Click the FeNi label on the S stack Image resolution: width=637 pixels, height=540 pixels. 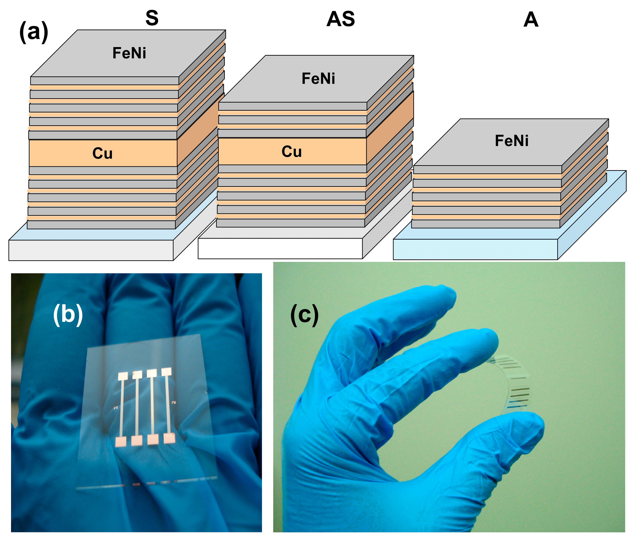tap(129, 53)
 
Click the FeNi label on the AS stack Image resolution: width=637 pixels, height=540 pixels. tap(318, 78)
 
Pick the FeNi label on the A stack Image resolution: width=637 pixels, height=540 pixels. tap(512, 141)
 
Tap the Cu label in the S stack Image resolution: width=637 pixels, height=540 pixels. tap(102, 153)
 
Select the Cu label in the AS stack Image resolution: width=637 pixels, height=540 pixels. tap(291, 151)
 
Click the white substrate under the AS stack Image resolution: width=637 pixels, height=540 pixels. tap(280, 249)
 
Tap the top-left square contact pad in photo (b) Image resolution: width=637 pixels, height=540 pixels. tap(123, 376)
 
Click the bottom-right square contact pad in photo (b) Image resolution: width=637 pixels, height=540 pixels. tap(169, 438)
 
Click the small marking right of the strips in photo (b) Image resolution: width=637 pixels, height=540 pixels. tap(173, 402)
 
